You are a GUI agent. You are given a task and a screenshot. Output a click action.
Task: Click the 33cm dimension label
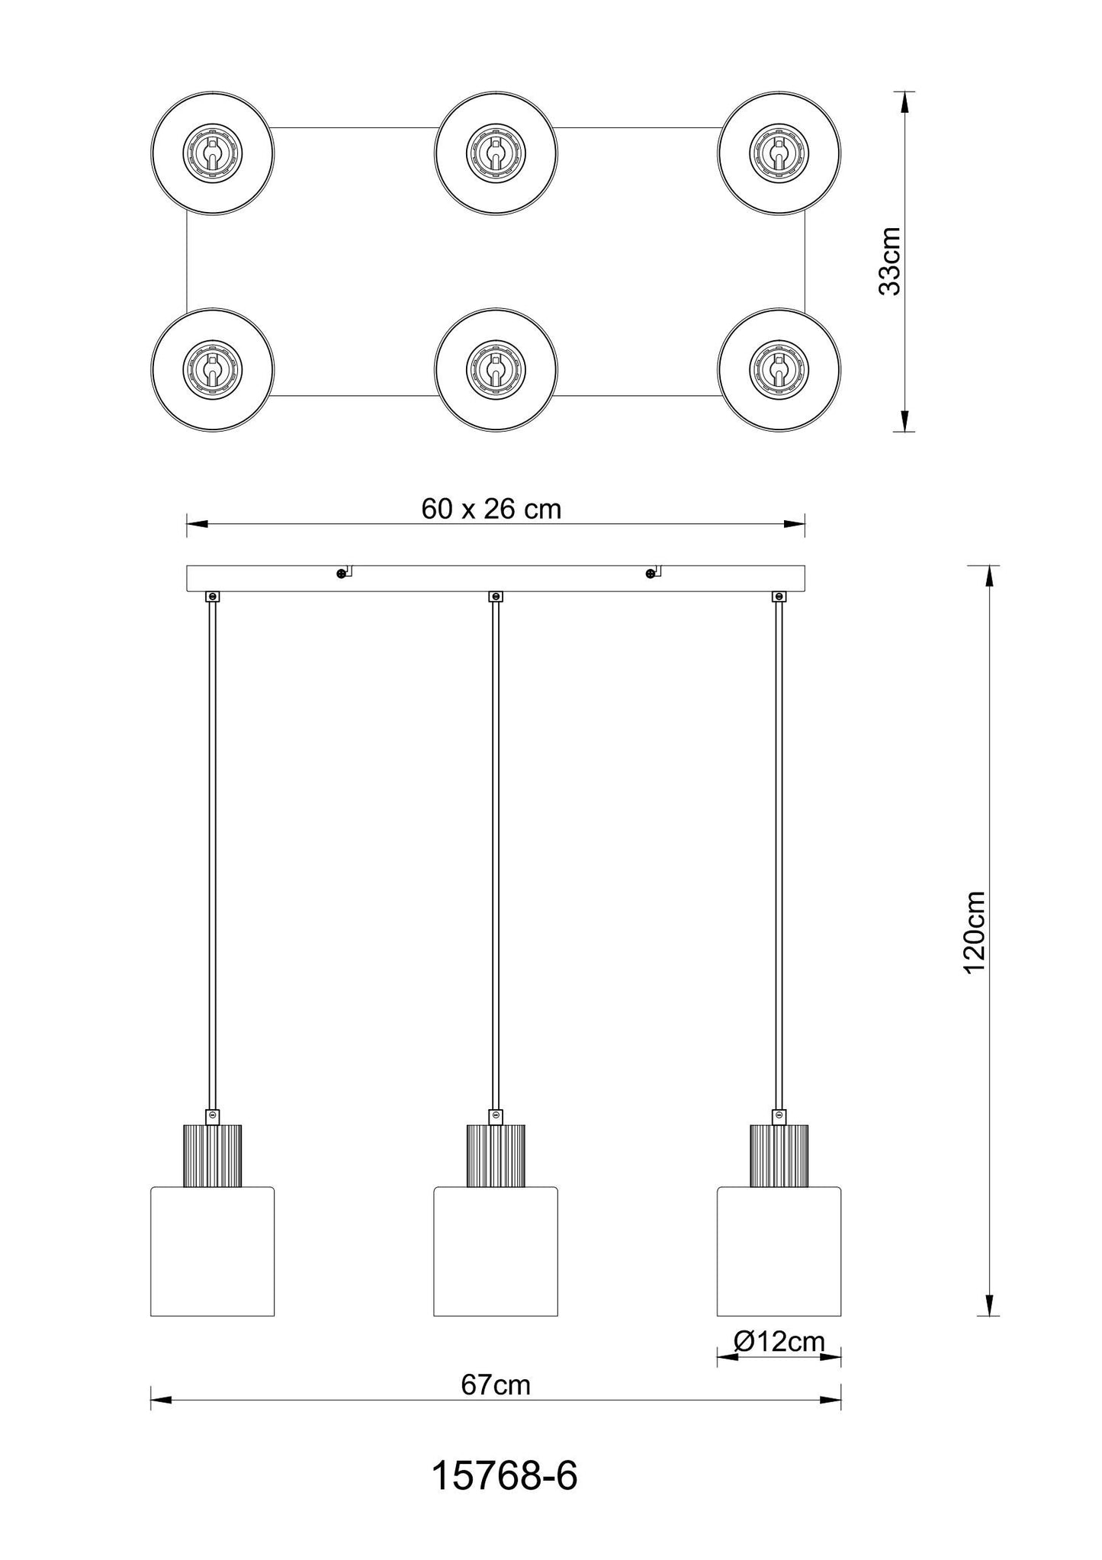point(890,260)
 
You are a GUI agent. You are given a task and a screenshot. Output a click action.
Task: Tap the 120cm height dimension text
point(975,931)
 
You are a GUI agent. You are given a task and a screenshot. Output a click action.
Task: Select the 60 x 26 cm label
point(491,509)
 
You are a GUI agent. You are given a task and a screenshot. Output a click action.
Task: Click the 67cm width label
point(496,1385)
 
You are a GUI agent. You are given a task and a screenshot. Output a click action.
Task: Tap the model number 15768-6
point(504,1477)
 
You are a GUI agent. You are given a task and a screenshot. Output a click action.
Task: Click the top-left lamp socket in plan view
point(213,153)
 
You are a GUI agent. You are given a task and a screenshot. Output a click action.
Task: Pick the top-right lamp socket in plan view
point(779,153)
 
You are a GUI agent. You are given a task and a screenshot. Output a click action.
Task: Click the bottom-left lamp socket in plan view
point(213,370)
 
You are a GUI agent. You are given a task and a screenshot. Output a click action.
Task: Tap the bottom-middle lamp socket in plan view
point(496,370)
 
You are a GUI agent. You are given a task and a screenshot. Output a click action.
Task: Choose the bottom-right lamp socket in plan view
point(779,370)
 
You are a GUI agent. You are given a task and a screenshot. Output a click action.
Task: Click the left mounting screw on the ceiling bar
point(340,573)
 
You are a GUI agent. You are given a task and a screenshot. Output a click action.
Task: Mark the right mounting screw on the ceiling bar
point(650,573)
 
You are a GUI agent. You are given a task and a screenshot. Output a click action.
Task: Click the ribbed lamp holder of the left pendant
point(213,1156)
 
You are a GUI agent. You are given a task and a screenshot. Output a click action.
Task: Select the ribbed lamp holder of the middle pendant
point(496,1156)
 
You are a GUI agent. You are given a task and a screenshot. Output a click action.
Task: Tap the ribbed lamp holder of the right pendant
point(779,1156)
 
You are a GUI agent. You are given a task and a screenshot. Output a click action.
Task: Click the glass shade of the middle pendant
point(496,1252)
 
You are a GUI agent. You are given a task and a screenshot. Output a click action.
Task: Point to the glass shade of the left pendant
point(213,1252)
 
